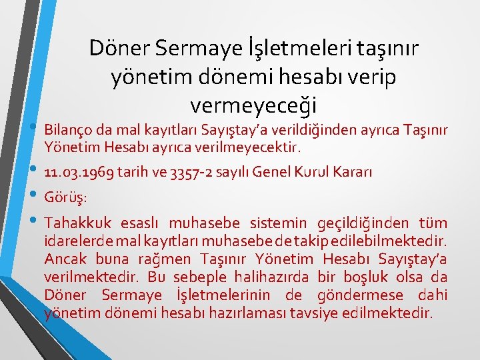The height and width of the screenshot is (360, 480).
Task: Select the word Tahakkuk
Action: click(x=73, y=223)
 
